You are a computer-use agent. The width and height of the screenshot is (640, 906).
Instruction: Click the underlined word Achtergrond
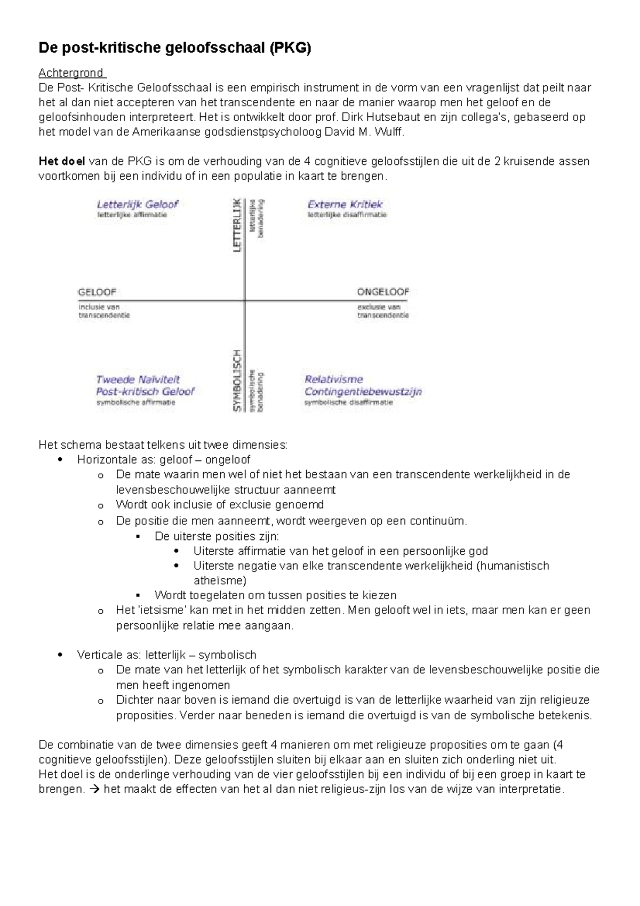[72, 73]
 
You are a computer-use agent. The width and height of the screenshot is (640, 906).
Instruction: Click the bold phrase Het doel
[61, 161]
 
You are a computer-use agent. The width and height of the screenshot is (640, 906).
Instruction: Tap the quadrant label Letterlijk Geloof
[138, 204]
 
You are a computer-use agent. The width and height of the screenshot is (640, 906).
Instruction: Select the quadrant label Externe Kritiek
[345, 204]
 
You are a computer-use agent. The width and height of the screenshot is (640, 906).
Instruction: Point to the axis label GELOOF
[97, 292]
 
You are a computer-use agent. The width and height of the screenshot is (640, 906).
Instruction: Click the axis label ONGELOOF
[383, 292]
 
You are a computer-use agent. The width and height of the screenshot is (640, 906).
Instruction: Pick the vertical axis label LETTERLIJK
[237, 225]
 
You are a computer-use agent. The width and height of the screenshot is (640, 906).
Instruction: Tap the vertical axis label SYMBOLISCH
[237, 380]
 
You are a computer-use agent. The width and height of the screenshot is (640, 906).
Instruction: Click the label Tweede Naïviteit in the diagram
[138, 380]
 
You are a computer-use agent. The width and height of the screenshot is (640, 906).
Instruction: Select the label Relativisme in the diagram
[334, 380]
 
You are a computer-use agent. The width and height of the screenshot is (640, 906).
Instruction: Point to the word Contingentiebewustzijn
[363, 392]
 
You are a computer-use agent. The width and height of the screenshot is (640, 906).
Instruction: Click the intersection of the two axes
[245, 300]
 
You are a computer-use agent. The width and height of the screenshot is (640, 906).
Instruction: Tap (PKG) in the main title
[290, 49]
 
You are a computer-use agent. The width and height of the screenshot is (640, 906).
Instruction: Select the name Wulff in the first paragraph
[389, 132]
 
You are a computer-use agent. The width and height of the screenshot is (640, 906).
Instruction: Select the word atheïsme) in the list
[220, 581]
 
